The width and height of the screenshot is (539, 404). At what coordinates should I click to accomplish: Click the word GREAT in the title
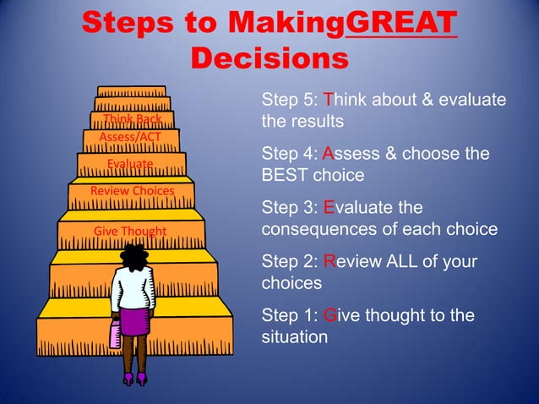pyautogui.click(x=401, y=22)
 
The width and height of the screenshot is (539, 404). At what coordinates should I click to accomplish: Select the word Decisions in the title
pyautogui.click(x=269, y=59)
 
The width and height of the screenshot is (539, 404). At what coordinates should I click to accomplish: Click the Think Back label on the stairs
pyautogui.click(x=132, y=120)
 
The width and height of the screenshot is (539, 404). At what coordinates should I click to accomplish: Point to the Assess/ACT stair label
pyautogui.click(x=130, y=137)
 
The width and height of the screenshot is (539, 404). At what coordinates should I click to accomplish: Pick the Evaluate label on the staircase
pyautogui.click(x=130, y=163)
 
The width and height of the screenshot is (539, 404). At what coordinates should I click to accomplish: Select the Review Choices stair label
pyautogui.click(x=132, y=191)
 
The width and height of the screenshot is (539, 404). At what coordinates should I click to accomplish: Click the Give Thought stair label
pyautogui.click(x=130, y=232)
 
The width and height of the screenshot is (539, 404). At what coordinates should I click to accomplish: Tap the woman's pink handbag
pyautogui.click(x=115, y=335)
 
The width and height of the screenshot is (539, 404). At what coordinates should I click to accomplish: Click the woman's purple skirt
pyautogui.click(x=133, y=321)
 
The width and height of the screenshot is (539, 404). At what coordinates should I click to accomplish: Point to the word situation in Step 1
pyautogui.click(x=294, y=337)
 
